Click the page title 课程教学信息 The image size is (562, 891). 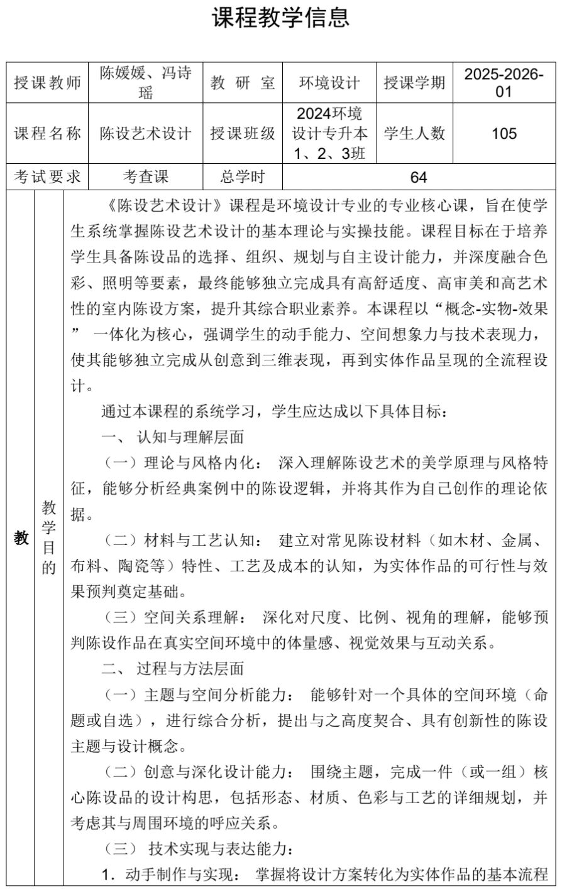coord(280,18)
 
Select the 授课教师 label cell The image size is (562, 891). coord(48,83)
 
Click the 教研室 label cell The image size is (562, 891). coord(243,83)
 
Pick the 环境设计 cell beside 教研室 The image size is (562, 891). coord(329,83)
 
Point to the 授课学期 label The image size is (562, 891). coord(414,83)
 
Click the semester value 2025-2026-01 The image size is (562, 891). coord(504,83)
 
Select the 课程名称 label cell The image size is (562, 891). coord(48,134)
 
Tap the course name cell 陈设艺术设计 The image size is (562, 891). coord(146,134)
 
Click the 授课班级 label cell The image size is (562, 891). coord(243,134)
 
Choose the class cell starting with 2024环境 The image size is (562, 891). coord(329,134)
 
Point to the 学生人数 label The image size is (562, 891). coord(414,134)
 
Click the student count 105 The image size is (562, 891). coord(504,134)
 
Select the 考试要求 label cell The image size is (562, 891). coord(48,177)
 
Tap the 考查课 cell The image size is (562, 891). coord(146,177)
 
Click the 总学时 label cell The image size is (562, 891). coord(243,177)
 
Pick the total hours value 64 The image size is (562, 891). coord(419,177)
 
